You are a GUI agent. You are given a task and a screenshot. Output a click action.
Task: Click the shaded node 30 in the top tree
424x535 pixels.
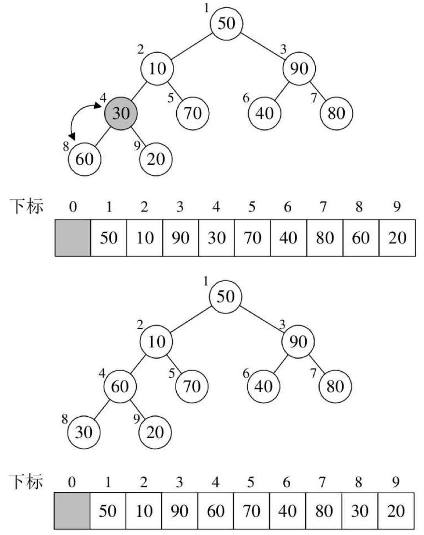pyautogui.click(x=121, y=113)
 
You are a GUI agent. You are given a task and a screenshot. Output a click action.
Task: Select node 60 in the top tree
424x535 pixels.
pyautogui.click(x=84, y=159)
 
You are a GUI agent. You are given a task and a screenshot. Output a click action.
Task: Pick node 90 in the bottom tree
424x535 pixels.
pyautogui.click(x=298, y=341)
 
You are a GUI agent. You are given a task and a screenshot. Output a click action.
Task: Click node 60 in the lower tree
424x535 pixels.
pyautogui.click(x=120, y=386)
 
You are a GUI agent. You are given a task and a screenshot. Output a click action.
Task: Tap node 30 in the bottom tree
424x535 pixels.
pyautogui.click(x=84, y=432)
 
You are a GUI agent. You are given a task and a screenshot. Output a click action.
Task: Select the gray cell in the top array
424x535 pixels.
pyautogui.click(x=73, y=238)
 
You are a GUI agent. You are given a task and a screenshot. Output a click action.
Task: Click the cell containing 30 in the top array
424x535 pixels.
pyautogui.click(x=216, y=238)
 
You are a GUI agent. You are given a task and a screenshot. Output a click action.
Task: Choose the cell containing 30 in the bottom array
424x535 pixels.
pyautogui.click(x=359, y=511)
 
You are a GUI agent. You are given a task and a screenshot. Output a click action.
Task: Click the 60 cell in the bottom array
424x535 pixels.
pyautogui.click(x=216, y=511)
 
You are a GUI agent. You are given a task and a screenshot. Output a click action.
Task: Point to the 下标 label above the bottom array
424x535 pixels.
pyautogui.click(x=26, y=481)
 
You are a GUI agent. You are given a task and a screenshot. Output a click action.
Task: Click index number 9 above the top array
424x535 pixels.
pyautogui.click(x=397, y=207)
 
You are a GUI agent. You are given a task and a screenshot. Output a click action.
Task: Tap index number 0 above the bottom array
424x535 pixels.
pyautogui.click(x=71, y=482)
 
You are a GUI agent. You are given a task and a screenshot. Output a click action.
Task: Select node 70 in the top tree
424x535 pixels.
pyautogui.click(x=193, y=113)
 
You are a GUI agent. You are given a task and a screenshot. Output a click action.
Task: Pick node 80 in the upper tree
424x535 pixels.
pyautogui.click(x=336, y=113)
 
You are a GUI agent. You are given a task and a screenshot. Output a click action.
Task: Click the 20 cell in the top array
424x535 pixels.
pyautogui.click(x=397, y=238)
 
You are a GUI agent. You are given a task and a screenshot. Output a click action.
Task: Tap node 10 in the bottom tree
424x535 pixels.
pyautogui.click(x=156, y=341)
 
